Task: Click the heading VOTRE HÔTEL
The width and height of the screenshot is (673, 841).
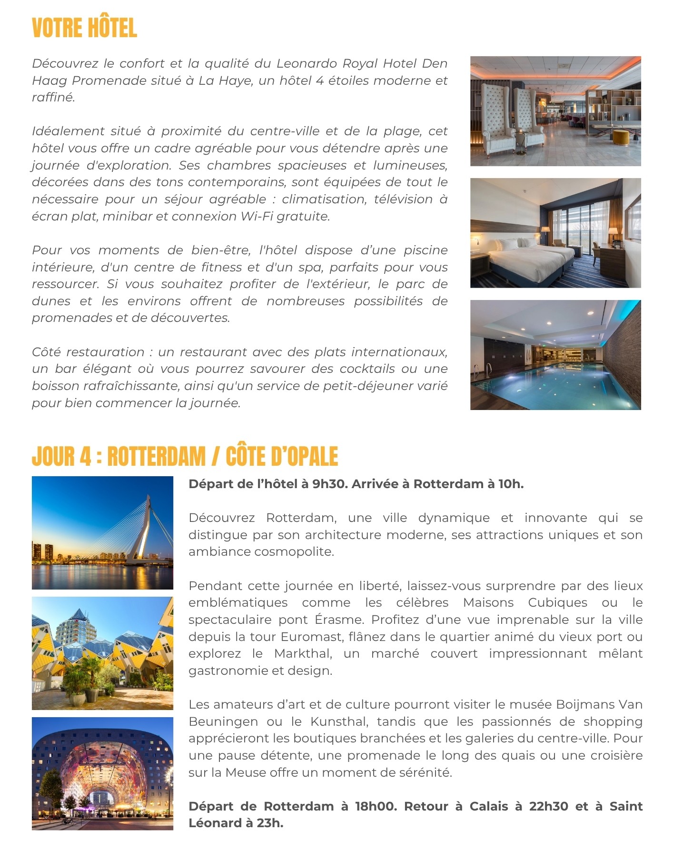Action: pos(84,28)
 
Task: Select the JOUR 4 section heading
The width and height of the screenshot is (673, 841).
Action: pos(185,456)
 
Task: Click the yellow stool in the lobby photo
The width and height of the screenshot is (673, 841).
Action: pos(620,137)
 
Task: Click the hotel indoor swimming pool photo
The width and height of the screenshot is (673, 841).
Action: pos(555,355)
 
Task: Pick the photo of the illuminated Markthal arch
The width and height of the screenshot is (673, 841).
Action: pos(102,773)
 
